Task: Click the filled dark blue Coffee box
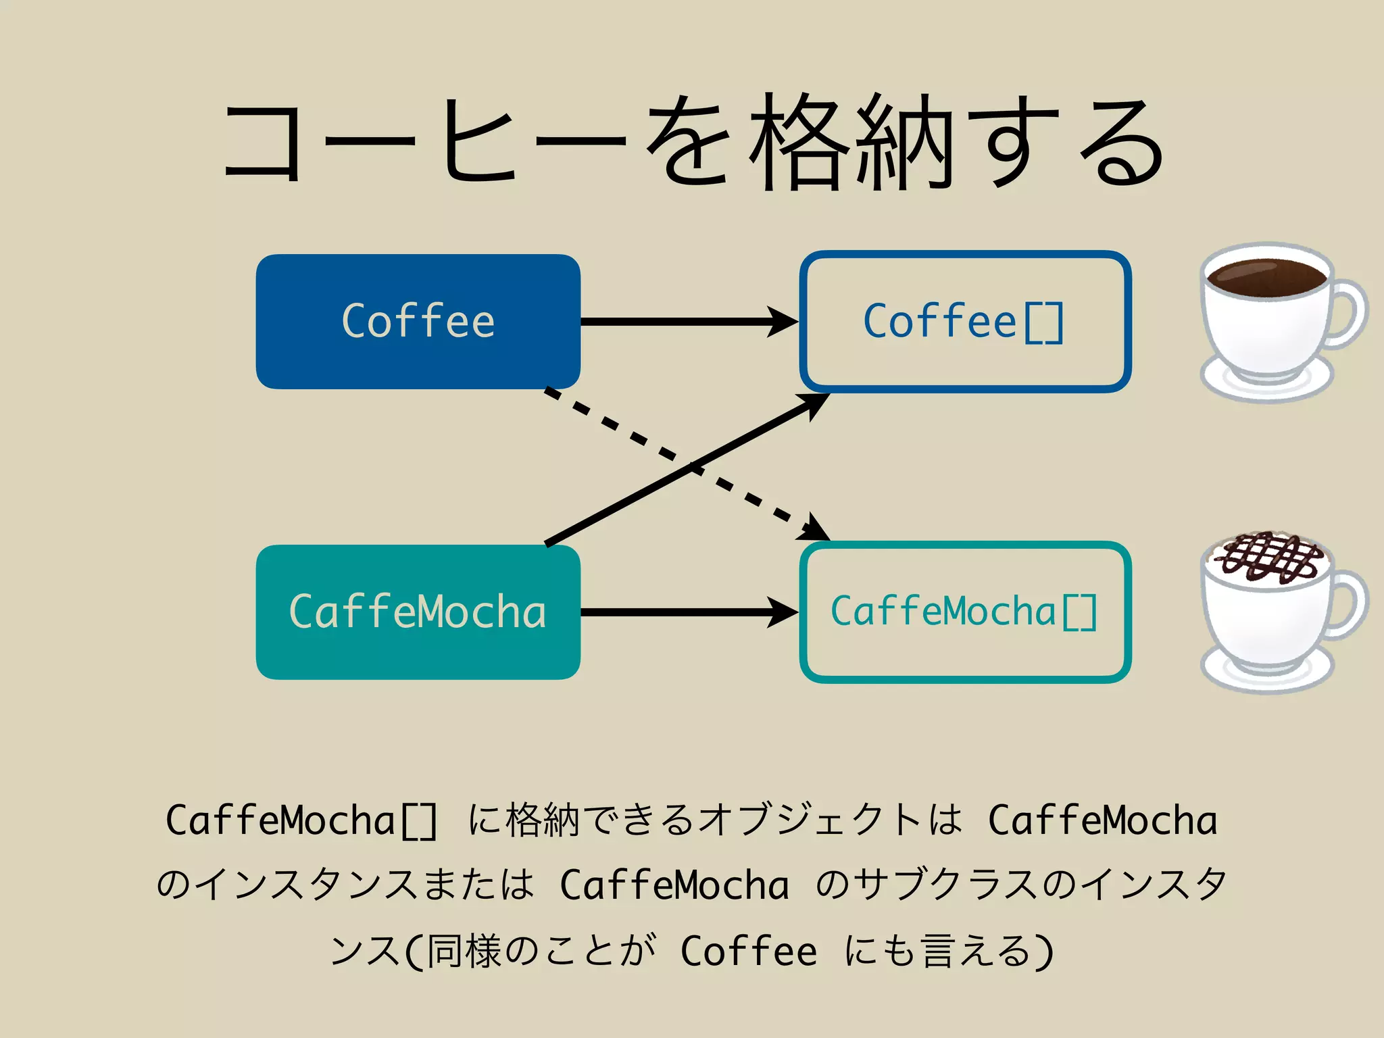pyautogui.click(x=418, y=322)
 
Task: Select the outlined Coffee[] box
pyautogui.click(x=965, y=322)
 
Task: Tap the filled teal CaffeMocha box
pyautogui.click(x=418, y=612)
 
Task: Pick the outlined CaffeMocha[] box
pyautogui.click(x=965, y=612)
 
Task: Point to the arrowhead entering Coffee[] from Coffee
pyautogui.click(x=784, y=322)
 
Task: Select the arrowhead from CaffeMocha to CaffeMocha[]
pyautogui.click(x=784, y=612)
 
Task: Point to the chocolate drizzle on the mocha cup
pyautogui.click(x=1266, y=558)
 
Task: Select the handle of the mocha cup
pyautogui.click(x=1348, y=605)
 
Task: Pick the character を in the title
pyautogui.click(x=688, y=142)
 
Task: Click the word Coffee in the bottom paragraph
pyautogui.click(x=749, y=951)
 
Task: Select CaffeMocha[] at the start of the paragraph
pyautogui.click(x=301, y=820)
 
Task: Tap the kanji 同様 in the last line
pyautogui.click(x=462, y=951)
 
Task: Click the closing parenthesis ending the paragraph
pyautogui.click(x=1045, y=951)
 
